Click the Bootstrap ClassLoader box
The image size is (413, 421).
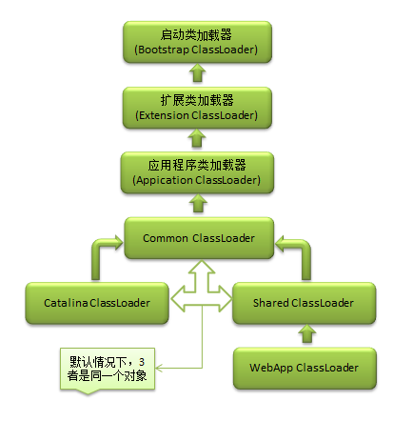pyautogui.click(x=198, y=40)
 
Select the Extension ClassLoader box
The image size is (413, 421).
pyautogui.click(x=198, y=107)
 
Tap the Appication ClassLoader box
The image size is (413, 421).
pyautogui.click(x=198, y=172)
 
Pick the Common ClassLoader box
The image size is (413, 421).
pyautogui.click(x=199, y=238)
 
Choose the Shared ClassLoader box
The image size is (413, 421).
pyautogui.click(x=304, y=303)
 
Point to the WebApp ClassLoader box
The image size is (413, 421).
pyautogui.click(x=304, y=367)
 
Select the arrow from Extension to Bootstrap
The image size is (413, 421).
pyautogui.click(x=197, y=73)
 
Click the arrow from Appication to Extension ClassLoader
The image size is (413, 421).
pyautogui.click(x=197, y=140)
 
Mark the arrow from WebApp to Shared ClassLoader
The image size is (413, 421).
pyautogui.click(x=304, y=334)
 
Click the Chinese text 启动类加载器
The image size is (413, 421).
pyautogui.click(x=198, y=32)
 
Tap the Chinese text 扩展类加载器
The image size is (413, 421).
pyautogui.click(x=198, y=99)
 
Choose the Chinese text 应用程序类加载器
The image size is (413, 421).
pyautogui.click(x=198, y=165)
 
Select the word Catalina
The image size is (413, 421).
pyautogui.click(x=65, y=303)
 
